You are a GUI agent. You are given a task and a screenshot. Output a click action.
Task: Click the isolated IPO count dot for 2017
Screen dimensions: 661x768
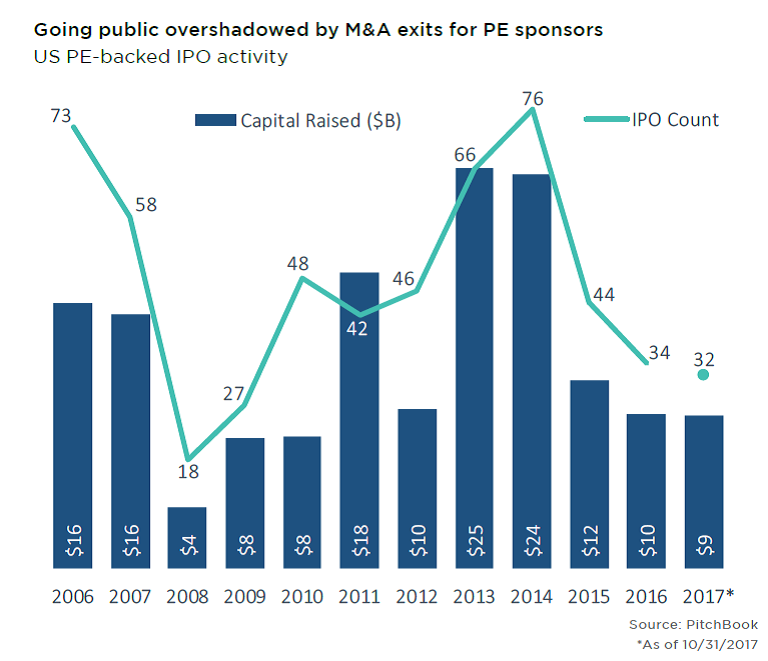coord(703,374)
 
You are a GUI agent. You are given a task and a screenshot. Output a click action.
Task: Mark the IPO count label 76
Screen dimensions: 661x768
coord(533,98)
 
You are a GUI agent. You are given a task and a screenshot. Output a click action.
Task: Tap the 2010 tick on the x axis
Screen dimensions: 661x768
coord(302,597)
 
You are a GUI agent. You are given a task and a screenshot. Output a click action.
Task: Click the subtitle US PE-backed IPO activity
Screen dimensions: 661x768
coord(161,57)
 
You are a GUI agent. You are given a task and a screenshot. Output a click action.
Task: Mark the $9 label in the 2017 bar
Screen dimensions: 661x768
coord(703,546)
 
